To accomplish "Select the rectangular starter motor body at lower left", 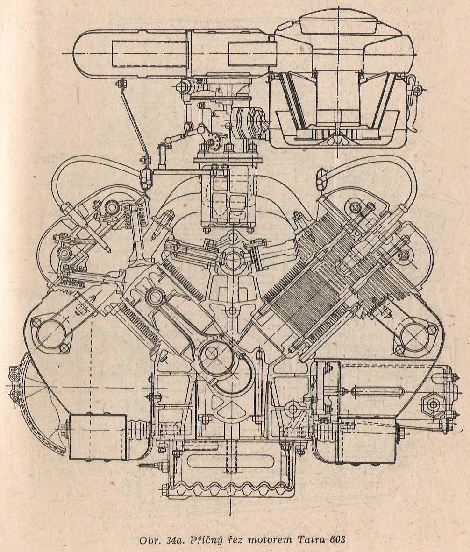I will click(97, 436).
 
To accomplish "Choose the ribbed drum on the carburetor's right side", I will click(247, 122).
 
